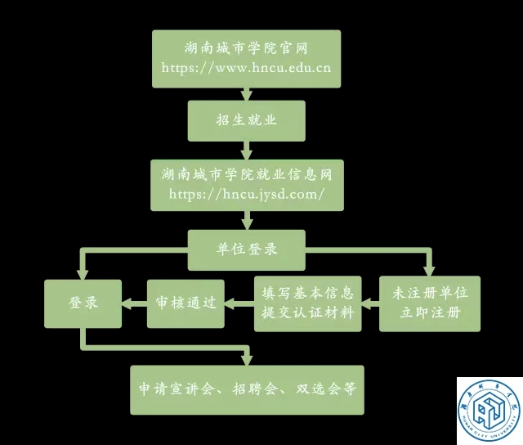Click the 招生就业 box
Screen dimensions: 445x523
click(246, 120)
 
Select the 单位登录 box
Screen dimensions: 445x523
click(246, 249)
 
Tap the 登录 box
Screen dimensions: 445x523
click(83, 303)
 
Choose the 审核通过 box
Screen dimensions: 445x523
click(186, 303)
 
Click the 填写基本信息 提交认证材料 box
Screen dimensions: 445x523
click(306, 303)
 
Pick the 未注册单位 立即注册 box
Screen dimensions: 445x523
click(430, 303)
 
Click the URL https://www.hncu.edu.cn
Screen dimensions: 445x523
click(246, 68)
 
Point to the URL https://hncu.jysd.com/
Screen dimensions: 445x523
click(246, 194)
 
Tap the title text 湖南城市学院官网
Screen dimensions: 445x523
click(246, 49)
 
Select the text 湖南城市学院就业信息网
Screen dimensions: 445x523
click(246, 175)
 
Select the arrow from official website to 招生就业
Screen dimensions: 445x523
click(246, 93)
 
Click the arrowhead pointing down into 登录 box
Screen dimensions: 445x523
click(83, 272)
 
